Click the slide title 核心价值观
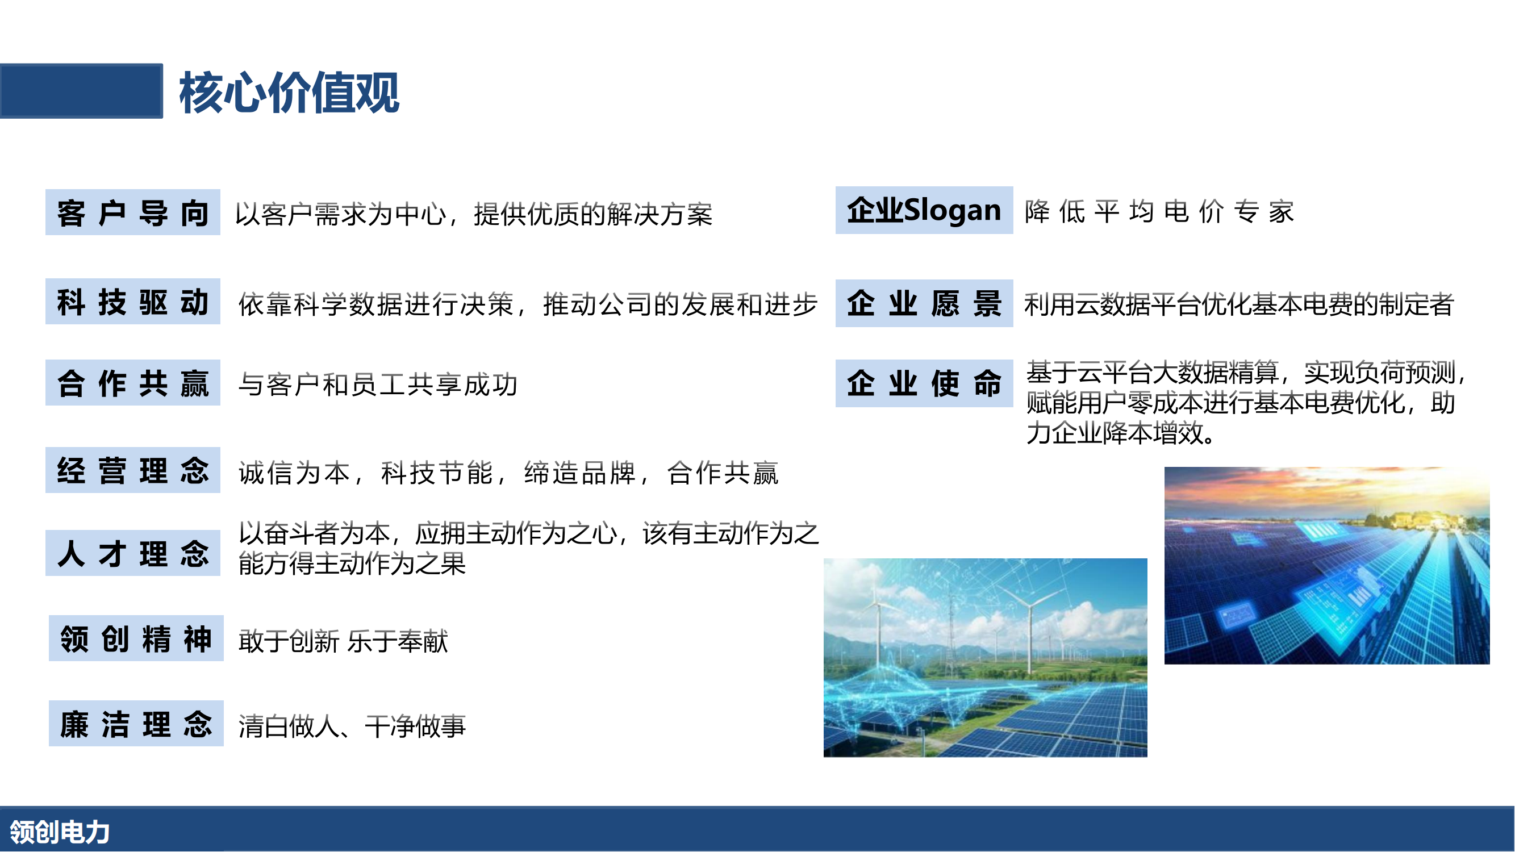coord(289,93)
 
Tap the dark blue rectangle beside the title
coord(81,91)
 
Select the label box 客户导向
coord(133,212)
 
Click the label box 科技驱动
coord(133,302)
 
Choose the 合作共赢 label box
coord(133,383)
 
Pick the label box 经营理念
coord(133,470)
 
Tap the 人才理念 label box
coord(133,553)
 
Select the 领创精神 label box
coord(136,638)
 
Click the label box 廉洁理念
coord(136,724)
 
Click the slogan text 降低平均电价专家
coord(1159,212)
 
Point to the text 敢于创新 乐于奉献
coord(344,641)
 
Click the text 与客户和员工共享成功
coord(378,385)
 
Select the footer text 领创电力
coord(60,833)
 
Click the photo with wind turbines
coord(986,658)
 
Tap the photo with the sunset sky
coord(1328,566)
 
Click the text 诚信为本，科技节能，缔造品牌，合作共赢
coord(509,473)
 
